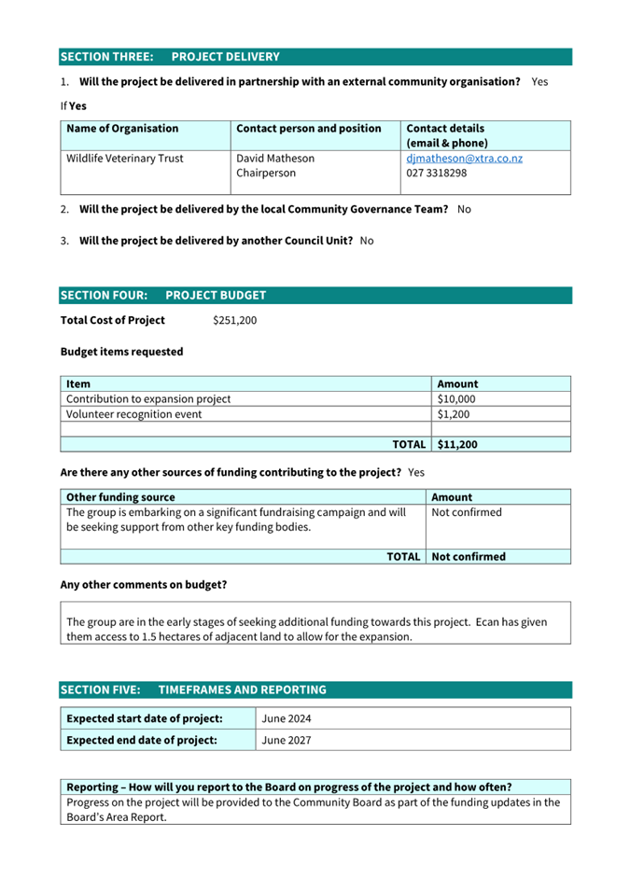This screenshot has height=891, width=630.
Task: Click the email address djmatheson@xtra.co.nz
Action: (464, 159)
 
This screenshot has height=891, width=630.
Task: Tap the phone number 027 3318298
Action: (437, 174)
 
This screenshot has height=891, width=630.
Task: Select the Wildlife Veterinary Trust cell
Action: (125, 159)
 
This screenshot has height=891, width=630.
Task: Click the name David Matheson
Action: (275, 159)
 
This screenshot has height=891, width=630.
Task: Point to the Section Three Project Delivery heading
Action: (169, 57)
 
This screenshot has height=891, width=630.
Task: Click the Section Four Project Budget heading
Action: (162, 296)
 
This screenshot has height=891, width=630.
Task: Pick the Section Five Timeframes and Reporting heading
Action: (193, 690)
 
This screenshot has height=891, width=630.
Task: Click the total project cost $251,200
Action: (234, 321)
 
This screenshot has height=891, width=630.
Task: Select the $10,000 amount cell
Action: (456, 399)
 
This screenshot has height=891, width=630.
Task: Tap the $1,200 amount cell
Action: (454, 414)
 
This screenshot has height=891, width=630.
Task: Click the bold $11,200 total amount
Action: (457, 445)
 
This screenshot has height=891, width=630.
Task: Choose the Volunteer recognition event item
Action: (133, 414)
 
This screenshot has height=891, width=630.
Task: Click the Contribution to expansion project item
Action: (148, 399)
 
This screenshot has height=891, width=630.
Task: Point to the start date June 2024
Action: (287, 718)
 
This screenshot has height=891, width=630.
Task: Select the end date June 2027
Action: (287, 741)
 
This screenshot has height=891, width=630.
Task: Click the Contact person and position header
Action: (309, 129)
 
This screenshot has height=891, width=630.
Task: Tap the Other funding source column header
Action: (120, 498)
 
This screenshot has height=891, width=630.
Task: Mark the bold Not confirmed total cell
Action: (469, 557)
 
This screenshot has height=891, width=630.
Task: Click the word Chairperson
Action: (266, 174)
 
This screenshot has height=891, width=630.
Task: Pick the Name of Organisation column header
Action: (122, 129)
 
